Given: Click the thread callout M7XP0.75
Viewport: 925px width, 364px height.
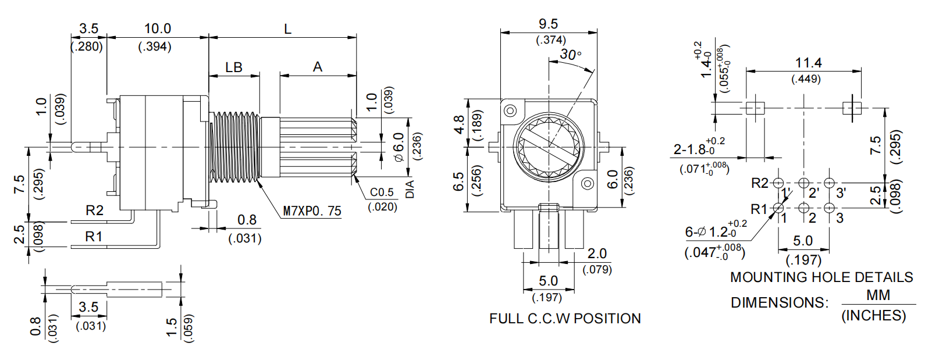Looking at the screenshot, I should click(x=312, y=211).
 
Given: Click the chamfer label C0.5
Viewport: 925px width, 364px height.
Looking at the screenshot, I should click(x=382, y=192).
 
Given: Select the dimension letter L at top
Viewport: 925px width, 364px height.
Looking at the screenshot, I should click(x=287, y=28).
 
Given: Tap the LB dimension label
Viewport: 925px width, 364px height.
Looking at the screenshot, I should click(x=234, y=67).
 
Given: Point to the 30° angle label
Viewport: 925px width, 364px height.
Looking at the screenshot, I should click(x=570, y=55).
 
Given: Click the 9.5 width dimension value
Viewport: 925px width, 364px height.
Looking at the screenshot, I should click(x=548, y=24).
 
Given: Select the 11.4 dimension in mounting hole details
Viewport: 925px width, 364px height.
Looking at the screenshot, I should click(x=808, y=63).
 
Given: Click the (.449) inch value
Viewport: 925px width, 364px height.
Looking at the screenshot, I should click(x=806, y=78).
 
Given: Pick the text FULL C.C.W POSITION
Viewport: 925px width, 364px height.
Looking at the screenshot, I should click(x=565, y=319).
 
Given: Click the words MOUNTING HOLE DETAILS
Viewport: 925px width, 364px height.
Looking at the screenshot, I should click(x=821, y=277).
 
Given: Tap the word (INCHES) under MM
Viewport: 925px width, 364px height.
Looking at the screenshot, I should click(x=873, y=316).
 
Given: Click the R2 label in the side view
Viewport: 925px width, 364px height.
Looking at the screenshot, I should click(x=94, y=210).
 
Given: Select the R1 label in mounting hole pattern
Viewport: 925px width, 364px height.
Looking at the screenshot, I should click(x=759, y=209).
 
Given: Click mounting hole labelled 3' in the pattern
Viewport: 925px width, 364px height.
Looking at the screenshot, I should click(x=830, y=183).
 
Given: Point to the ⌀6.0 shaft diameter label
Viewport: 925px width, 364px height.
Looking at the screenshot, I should click(x=399, y=147).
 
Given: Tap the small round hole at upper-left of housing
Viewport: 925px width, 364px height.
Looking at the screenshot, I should click(x=510, y=110).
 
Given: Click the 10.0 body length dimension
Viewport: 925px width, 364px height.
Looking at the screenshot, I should click(x=157, y=28).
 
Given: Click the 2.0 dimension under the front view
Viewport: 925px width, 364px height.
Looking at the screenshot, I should click(x=597, y=254).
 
